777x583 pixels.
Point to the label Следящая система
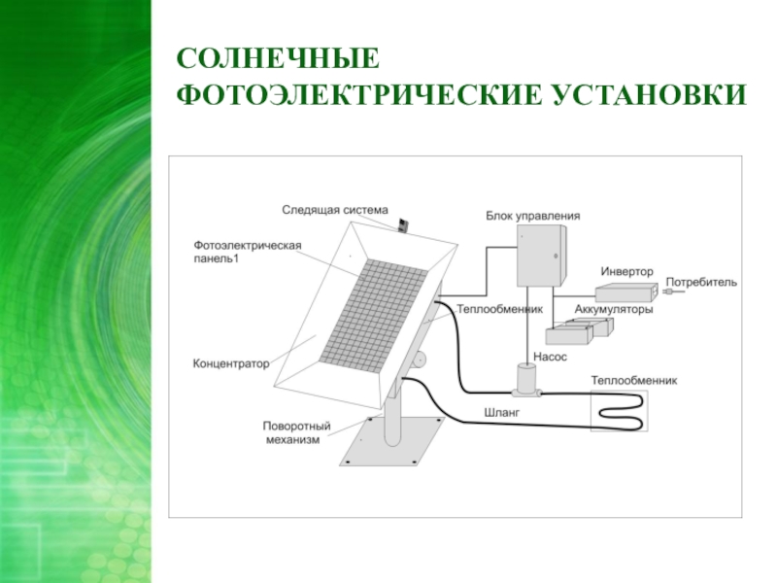334,210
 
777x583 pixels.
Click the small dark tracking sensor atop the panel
403,224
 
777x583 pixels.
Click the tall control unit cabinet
539,256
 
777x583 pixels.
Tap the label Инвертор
626,271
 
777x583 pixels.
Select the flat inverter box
626,291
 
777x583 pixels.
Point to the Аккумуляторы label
613,310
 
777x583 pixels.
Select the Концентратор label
230,363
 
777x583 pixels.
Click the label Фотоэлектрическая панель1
248,252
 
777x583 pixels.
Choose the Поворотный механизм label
297,432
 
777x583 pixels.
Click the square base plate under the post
389,443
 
